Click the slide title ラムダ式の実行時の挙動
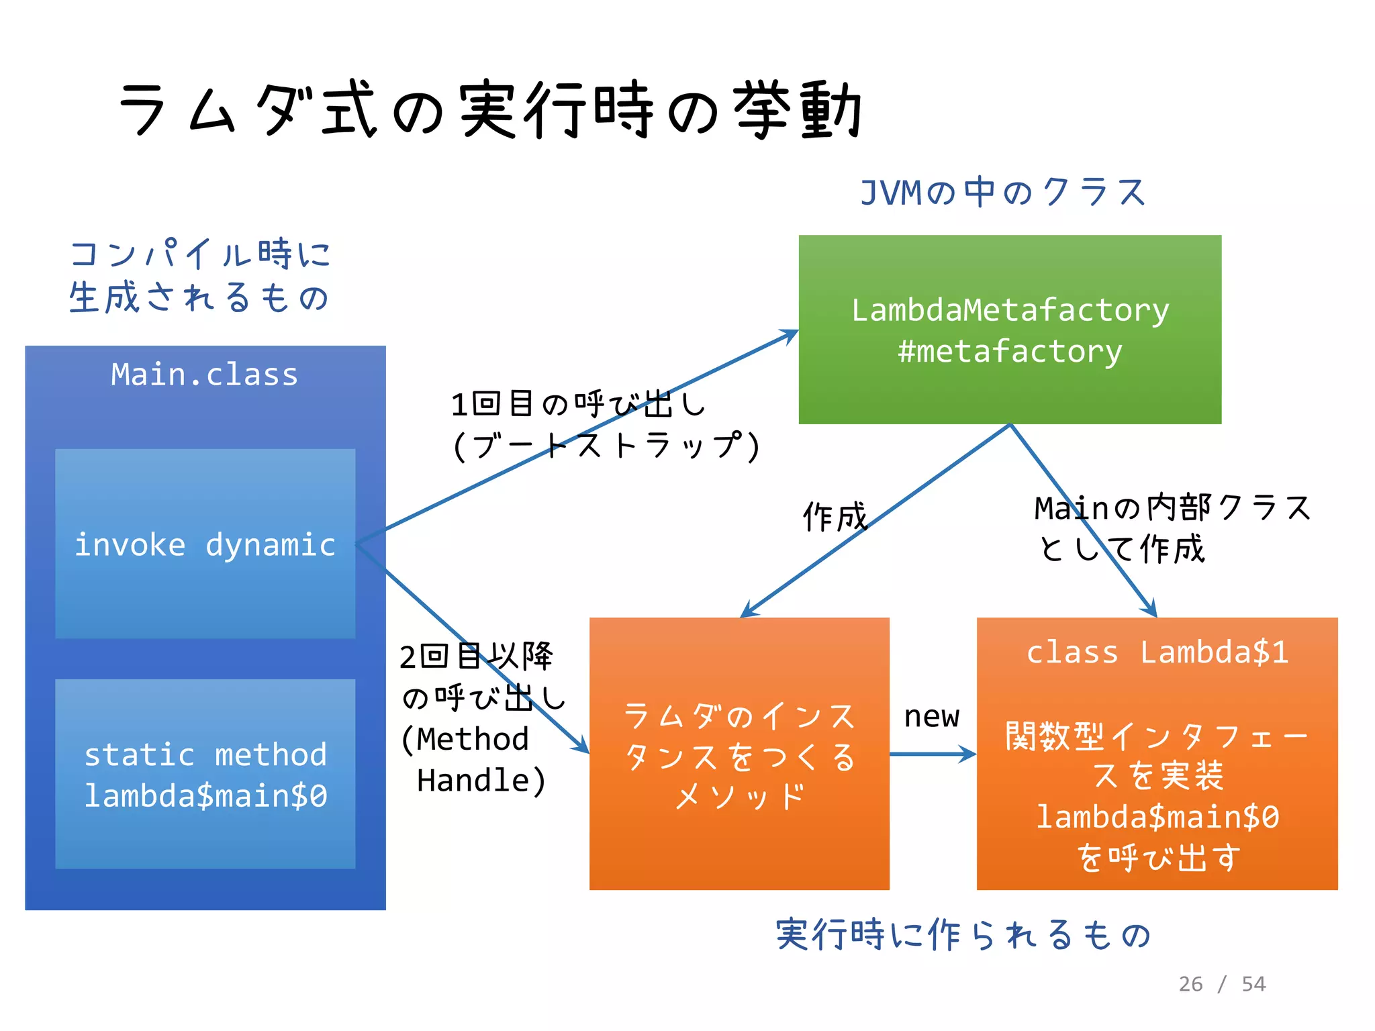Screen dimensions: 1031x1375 point(490,109)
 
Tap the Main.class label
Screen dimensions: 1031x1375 point(204,375)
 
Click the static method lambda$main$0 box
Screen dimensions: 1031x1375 point(205,773)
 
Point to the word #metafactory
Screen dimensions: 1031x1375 point(1009,351)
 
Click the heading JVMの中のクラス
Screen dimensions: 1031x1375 point(1002,193)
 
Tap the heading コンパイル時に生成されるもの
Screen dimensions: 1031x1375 point(200,275)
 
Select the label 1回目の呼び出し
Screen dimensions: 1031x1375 point(577,404)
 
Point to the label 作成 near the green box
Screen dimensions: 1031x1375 point(835,517)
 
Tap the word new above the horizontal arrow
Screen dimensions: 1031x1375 point(931,716)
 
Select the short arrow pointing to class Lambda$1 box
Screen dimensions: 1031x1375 point(933,754)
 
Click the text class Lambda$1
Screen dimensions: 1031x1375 point(1157,652)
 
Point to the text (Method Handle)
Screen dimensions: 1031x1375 point(473,760)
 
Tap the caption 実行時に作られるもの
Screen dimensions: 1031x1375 point(963,934)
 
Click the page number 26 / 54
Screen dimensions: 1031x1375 point(1222,984)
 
